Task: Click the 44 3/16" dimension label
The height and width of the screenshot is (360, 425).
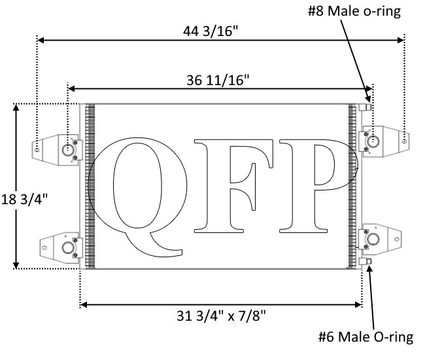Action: coord(211,31)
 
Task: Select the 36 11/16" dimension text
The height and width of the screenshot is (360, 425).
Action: coord(218,81)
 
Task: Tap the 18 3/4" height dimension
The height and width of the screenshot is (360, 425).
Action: coord(24,200)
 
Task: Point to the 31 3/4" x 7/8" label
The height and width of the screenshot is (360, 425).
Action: coord(221,315)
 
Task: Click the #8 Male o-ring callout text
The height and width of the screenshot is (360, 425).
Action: coord(354,11)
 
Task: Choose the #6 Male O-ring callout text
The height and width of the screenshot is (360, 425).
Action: coord(365,337)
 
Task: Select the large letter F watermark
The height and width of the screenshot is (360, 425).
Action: coord(233,186)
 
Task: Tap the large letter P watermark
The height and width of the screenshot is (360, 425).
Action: coord(319,186)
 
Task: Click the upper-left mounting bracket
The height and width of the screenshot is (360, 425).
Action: coord(58,150)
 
